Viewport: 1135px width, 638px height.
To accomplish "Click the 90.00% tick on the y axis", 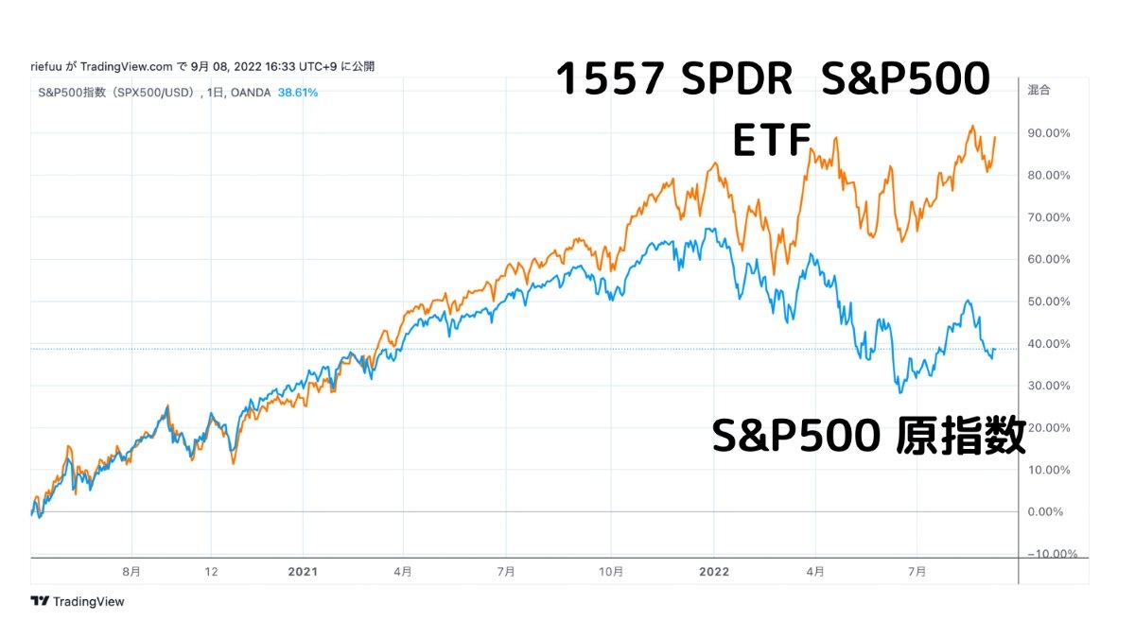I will [1049, 133].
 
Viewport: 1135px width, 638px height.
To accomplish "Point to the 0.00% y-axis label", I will [1052, 512].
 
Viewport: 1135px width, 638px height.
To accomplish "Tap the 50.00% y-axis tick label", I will [1049, 302].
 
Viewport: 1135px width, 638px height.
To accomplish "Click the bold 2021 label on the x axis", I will [303, 572].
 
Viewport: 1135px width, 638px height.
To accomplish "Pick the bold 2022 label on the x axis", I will [714, 572].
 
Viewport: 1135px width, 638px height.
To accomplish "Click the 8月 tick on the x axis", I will [131, 572].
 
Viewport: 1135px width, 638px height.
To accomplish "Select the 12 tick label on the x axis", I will [212, 572].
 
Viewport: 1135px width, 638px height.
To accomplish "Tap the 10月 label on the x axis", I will [611, 572].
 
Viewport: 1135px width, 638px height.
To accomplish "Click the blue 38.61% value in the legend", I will [298, 93].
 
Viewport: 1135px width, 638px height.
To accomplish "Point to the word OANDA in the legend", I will [252, 93].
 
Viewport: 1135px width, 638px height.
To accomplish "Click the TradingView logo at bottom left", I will [78, 601].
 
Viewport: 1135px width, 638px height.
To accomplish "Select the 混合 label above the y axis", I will [1039, 91].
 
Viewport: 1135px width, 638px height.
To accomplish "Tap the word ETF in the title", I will [772, 142].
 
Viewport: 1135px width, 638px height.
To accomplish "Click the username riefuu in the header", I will [46, 66].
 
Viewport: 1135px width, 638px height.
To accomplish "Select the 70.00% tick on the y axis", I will [1049, 217].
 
